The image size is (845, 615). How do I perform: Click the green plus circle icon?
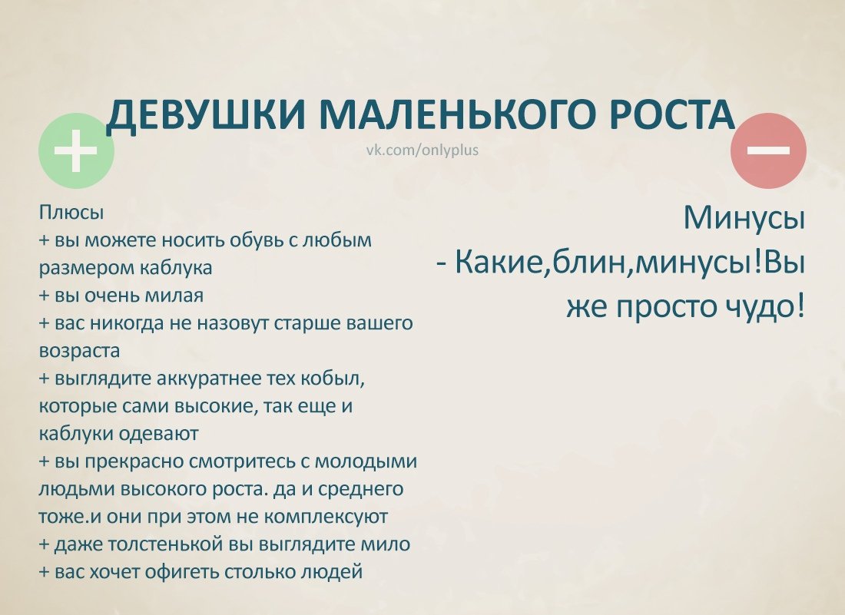pos(76,150)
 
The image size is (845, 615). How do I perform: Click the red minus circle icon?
pos(768,150)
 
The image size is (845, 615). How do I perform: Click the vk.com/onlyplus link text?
pos(422,150)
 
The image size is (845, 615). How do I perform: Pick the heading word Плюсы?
pos(71,213)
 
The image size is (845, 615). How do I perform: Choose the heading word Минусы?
pos(744,218)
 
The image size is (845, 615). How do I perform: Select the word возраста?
pos(79,351)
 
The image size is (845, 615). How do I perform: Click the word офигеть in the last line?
pos(183,572)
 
